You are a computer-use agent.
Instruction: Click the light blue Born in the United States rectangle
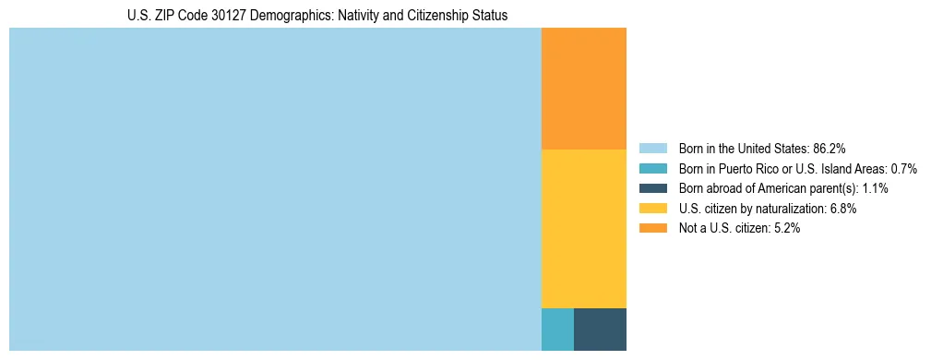pyautogui.click(x=275, y=189)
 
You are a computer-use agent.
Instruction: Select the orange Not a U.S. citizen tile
pyautogui.click(x=583, y=89)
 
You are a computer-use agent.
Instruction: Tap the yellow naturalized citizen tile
pyautogui.click(x=583, y=228)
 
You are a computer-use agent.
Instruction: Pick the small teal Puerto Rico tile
pyautogui.click(x=557, y=330)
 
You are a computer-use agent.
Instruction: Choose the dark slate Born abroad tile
pyautogui.click(x=600, y=330)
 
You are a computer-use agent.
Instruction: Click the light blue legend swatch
pyautogui.click(x=652, y=149)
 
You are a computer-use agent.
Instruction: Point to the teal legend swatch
pyautogui.click(x=652, y=169)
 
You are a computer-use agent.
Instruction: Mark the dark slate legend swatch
pyautogui.click(x=652, y=188)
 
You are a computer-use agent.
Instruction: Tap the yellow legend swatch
pyautogui.click(x=652, y=209)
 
